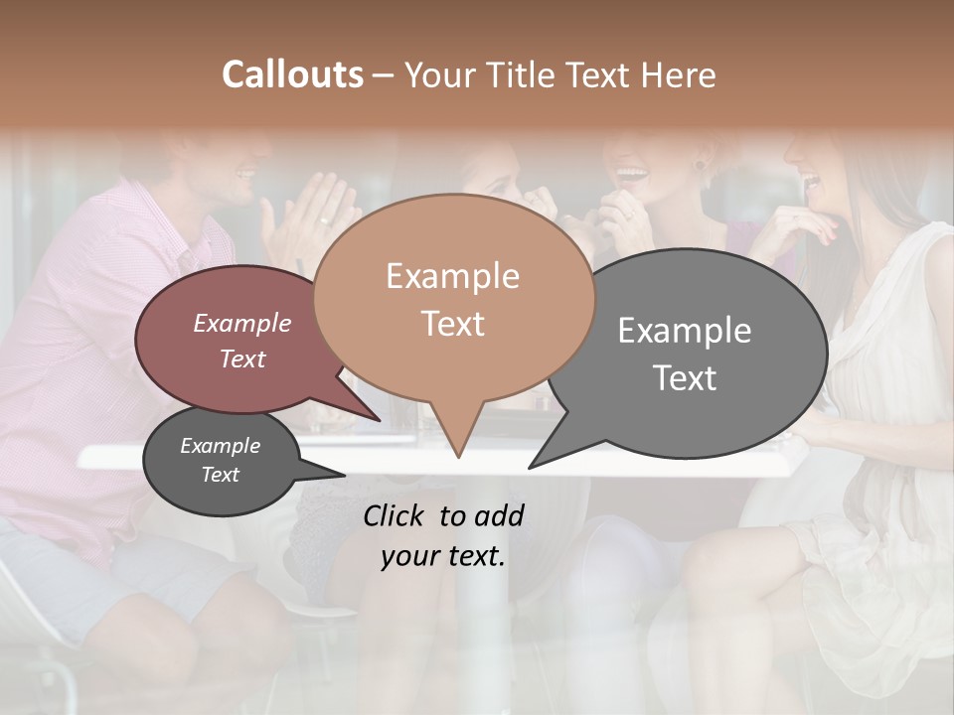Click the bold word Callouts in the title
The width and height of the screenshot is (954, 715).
tap(292, 74)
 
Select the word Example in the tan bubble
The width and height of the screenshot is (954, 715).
tap(452, 276)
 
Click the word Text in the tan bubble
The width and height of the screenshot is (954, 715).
tap(452, 324)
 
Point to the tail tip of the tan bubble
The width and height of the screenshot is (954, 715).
tap(458, 457)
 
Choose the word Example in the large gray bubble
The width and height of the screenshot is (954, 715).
tap(685, 331)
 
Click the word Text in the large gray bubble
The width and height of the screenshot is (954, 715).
tap(685, 378)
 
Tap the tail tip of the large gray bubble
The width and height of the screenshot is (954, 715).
tap(531, 467)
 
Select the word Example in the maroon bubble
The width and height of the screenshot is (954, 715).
tap(242, 323)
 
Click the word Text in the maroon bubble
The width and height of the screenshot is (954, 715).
tap(242, 358)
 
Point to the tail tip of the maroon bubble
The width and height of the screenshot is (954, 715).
tap(379, 421)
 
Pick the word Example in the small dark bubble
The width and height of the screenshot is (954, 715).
tap(220, 446)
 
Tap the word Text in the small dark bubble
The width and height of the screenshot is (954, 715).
tap(220, 475)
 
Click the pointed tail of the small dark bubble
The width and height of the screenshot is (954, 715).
tap(343, 476)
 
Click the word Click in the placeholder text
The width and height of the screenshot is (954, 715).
tap(394, 515)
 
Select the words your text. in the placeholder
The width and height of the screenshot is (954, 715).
tap(443, 556)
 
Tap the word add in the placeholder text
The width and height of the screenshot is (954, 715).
tap(499, 515)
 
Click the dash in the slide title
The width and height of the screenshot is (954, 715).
tap(385, 75)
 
